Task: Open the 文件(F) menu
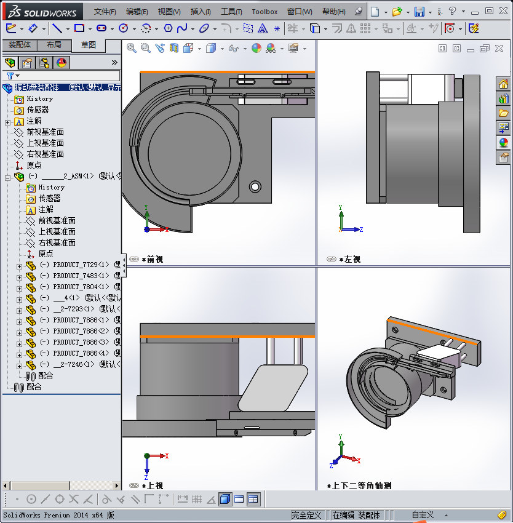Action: tap(105, 12)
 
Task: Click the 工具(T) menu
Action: tap(231, 12)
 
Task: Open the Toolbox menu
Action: tap(264, 12)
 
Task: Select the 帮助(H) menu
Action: tap(333, 12)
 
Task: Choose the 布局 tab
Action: tap(54, 45)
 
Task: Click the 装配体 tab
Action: tap(19, 45)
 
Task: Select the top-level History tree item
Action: tap(39, 98)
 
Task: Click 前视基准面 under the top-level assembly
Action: tap(45, 132)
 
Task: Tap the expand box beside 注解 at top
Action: tap(7, 121)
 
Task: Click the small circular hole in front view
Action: tap(255, 186)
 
